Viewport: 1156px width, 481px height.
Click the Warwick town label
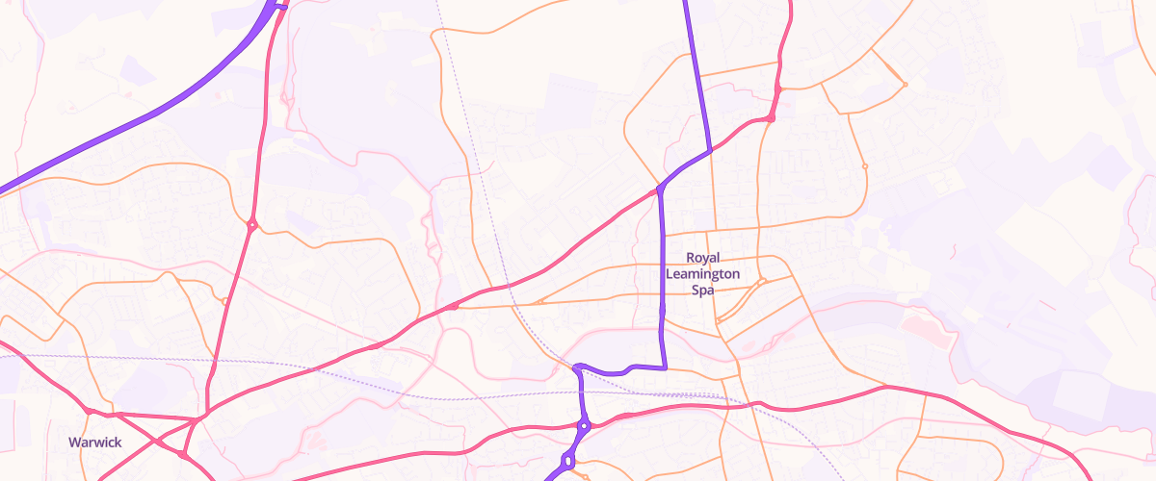click(x=93, y=443)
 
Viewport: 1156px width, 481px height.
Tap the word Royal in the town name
click(x=703, y=258)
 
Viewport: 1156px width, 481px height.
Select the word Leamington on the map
click(x=703, y=274)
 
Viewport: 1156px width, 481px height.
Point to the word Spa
click(x=703, y=290)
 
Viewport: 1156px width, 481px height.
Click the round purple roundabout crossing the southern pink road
click(x=584, y=425)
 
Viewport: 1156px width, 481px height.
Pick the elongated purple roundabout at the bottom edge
click(x=567, y=463)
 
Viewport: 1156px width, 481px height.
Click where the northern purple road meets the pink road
click(x=710, y=150)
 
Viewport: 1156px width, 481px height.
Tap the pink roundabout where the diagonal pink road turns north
click(x=770, y=118)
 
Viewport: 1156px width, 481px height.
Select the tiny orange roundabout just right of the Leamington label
click(x=761, y=282)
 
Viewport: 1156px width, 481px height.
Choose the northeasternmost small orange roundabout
click(x=905, y=86)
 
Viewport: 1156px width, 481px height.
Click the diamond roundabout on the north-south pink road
click(x=251, y=226)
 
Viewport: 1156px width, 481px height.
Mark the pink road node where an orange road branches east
click(x=453, y=307)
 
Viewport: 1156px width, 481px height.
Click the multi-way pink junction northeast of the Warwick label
click(x=194, y=420)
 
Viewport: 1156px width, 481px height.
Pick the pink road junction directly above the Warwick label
click(x=89, y=412)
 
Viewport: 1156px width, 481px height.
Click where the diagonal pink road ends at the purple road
click(x=659, y=190)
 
